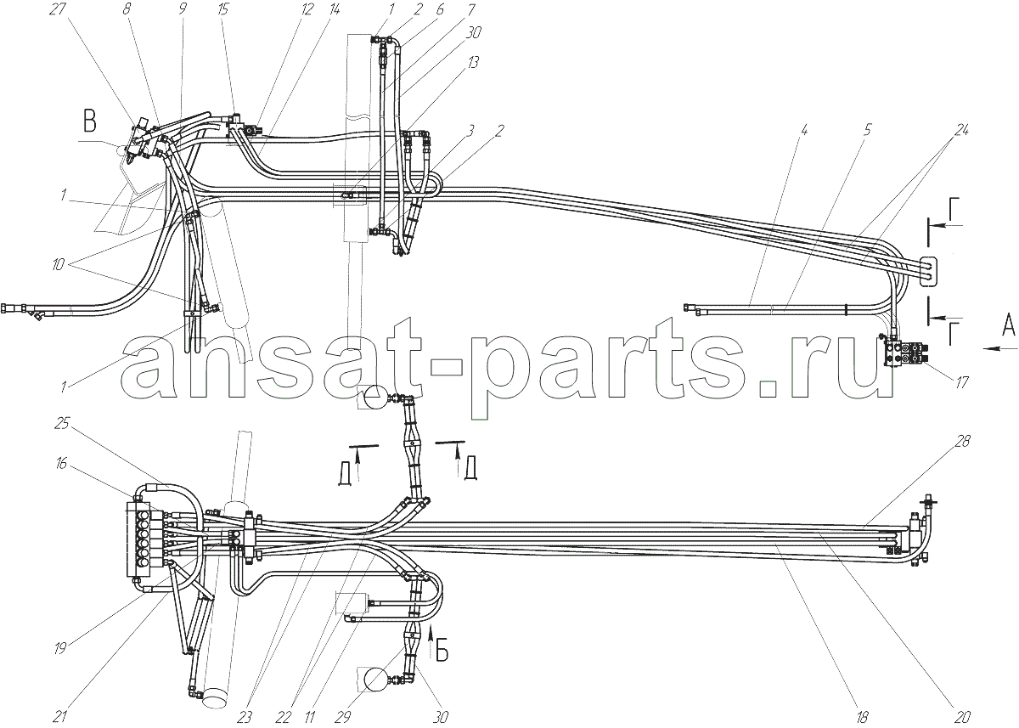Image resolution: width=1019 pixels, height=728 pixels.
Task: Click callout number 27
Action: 59,10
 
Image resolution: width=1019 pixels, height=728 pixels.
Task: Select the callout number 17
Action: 962,382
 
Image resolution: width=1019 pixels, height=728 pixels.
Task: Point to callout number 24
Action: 960,131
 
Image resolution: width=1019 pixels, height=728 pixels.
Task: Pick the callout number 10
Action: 59,264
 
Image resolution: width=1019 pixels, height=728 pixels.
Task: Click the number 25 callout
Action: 62,424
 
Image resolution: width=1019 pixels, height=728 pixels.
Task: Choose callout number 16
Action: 60,463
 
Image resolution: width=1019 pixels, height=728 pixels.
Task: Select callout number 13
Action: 473,62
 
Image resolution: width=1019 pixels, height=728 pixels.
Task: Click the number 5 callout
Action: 867,130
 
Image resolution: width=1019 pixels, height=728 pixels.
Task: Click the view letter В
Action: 90,122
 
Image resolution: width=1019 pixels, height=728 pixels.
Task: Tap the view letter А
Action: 1009,326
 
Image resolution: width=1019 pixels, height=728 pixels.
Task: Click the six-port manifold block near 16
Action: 144,540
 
